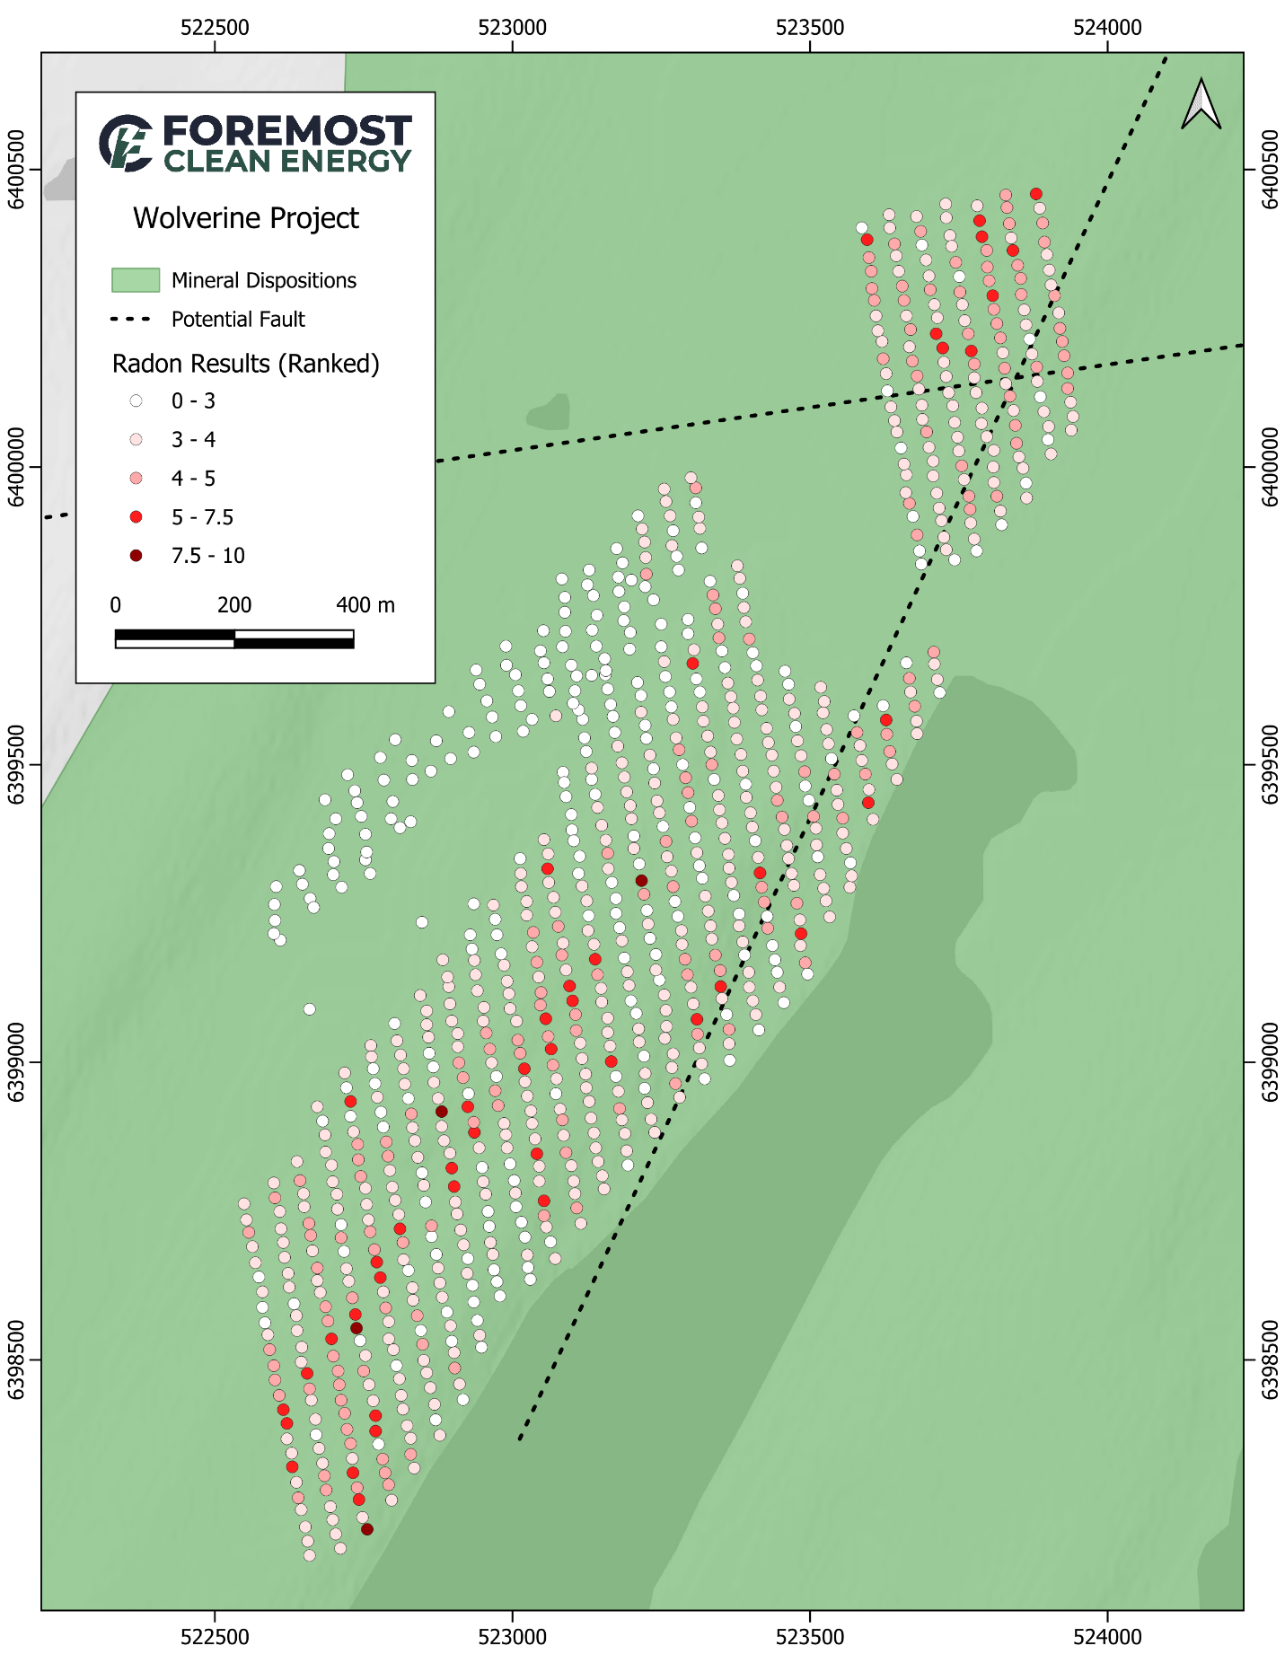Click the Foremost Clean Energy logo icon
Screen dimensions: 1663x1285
(126, 143)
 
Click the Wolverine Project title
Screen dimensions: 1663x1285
(245, 218)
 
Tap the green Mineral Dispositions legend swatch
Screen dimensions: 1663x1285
(136, 280)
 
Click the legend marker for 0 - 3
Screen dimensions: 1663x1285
(136, 400)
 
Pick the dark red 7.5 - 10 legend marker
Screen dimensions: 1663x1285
(136, 556)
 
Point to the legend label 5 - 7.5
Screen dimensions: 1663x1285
(202, 517)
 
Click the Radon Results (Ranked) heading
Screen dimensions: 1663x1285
(245, 364)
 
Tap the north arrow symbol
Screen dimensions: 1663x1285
(1201, 104)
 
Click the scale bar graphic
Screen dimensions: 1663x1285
(234, 638)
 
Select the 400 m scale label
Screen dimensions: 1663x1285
(365, 605)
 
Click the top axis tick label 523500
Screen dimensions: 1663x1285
(810, 28)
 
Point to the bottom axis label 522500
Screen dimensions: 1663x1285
(215, 1636)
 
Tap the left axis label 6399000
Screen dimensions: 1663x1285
(16, 1062)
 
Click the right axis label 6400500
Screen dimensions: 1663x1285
(1269, 169)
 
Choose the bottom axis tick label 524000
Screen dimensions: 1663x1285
(1107, 1636)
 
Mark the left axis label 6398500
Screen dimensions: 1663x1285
(16, 1360)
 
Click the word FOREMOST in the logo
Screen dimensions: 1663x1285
(287, 131)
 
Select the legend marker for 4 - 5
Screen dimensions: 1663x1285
(136, 479)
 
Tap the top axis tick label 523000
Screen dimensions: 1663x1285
(513, 28)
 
